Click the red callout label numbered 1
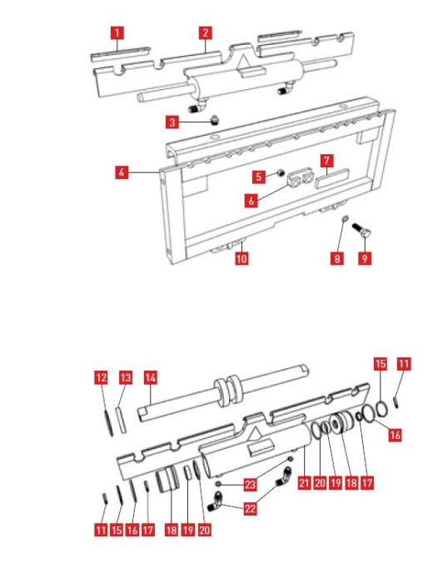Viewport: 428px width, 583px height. [117, 32]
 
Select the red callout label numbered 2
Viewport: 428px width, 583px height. [206, 32]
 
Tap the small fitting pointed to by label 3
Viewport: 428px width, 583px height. [214, 120]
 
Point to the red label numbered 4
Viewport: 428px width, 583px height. [122, 172]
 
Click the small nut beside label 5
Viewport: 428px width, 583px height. [281, 172]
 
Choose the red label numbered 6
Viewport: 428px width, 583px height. [251, 201]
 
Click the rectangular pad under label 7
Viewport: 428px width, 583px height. [332, 178]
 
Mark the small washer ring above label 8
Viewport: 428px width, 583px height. [345, 218]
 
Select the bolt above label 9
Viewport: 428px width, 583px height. [361, 231]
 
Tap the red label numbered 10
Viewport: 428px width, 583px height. [241, 258]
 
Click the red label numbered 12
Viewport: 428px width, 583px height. [101, 378]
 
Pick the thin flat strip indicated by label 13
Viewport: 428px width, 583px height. [121, 420]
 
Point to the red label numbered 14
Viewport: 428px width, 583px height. [150, 378]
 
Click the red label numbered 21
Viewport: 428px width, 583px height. [304, 483]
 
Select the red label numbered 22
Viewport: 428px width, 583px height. [251, 508]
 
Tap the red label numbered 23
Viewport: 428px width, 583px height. [251, 485]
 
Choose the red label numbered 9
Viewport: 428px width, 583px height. [365, 258]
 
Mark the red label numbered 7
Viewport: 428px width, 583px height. [326, 161]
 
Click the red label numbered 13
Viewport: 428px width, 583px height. [126, 378]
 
